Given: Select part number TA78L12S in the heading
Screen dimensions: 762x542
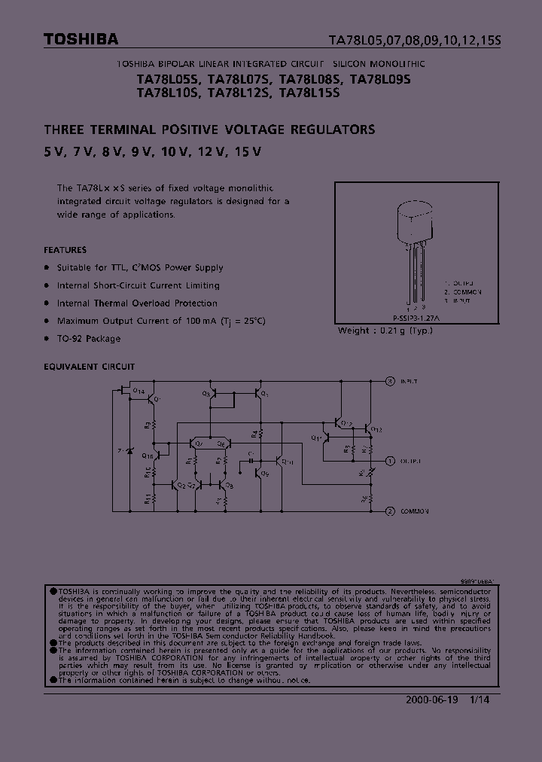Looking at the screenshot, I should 239,94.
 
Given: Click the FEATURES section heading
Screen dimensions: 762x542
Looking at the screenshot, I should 65,250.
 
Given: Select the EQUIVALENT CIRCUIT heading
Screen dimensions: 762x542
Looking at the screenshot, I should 90,367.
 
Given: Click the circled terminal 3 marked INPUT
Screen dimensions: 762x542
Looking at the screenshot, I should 390,381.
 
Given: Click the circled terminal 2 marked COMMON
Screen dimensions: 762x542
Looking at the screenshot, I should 390,511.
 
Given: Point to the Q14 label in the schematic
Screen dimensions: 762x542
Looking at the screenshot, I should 139,391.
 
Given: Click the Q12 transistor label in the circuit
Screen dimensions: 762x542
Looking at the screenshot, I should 377,429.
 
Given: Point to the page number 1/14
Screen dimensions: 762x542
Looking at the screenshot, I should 480,700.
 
